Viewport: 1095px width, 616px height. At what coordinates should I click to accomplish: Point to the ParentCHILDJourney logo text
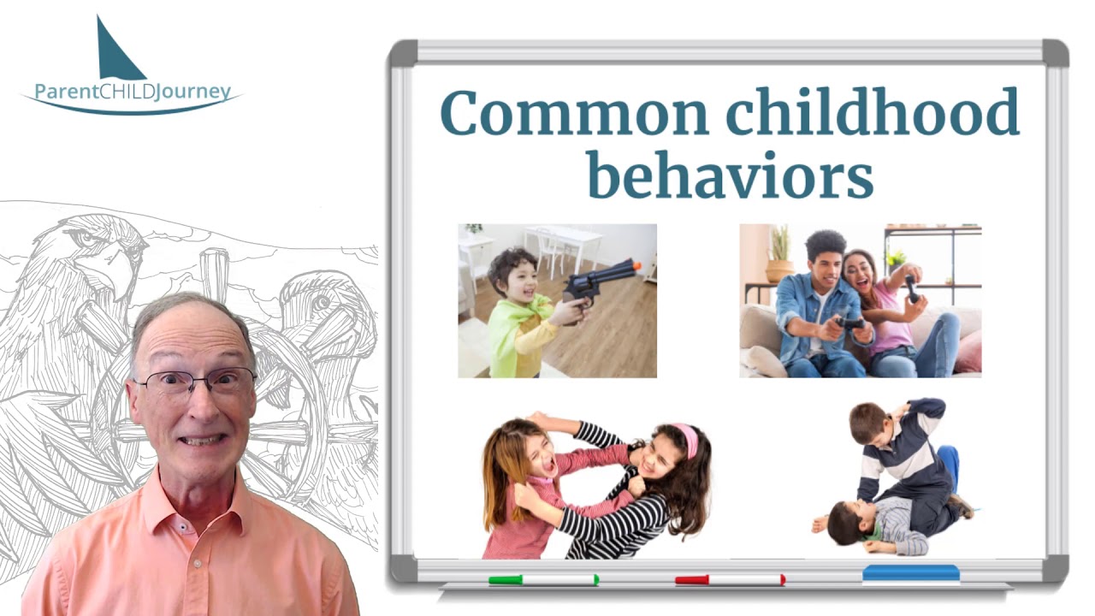133,92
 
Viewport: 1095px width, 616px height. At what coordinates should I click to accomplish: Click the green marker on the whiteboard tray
543,580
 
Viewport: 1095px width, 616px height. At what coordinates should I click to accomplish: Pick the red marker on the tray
730,580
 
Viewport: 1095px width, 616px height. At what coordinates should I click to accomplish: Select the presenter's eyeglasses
195,381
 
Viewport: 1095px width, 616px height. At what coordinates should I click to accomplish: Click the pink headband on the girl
686,437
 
